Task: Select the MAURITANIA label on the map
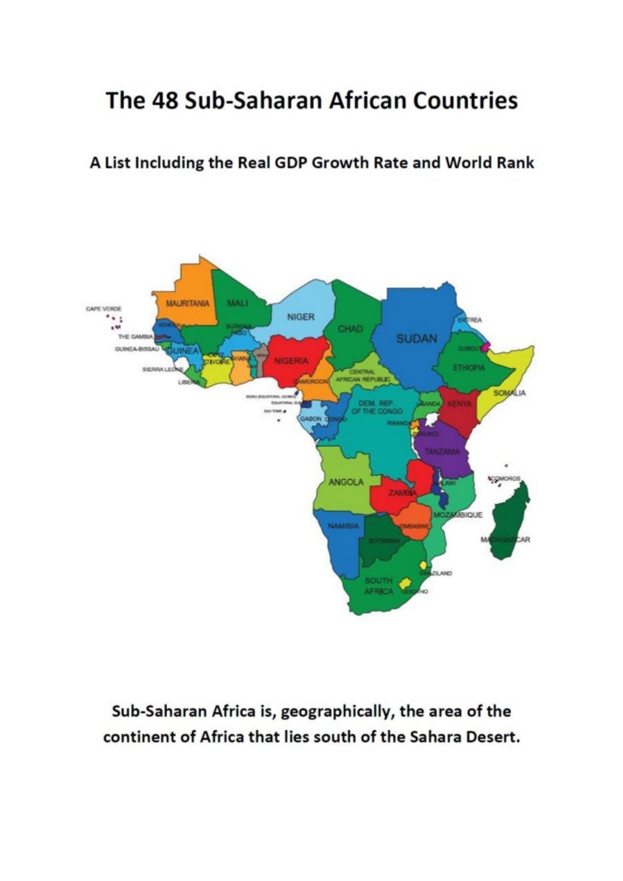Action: (x=187, y=303)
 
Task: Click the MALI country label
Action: (x=238, y=302)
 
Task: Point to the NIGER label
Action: (x=301, y=316)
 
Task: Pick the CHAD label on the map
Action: (x=350, y=329)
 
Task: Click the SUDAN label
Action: (x=417, y=338)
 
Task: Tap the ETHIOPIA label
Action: (x=470, y=367)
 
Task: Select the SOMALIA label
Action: (x=509, y=393)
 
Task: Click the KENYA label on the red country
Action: (x=459, y=403)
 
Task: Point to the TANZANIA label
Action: (x=443, y=451)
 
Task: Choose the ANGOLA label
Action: (x=346, y=482)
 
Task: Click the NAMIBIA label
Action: (x=343, y=527)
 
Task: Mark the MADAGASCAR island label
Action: (x=505, y=540)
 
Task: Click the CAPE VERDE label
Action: (x=104, y=309)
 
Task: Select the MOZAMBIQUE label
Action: (x=458, y=515)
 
